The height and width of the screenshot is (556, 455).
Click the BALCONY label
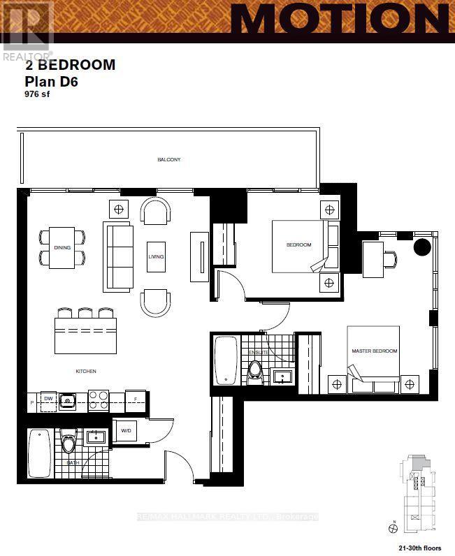pos(169,160)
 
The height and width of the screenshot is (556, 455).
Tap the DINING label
pos(62,248)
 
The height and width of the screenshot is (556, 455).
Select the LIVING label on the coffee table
pos(156,257)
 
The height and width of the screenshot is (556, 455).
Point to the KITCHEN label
pos(87,371)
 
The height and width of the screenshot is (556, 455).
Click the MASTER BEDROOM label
pos(375,351)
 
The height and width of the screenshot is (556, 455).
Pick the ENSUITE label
pos(258,353)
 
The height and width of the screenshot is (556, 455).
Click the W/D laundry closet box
pos(126,430)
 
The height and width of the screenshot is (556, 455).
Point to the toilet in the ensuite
pos(255,372)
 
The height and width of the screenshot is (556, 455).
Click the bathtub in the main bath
pos(38,453)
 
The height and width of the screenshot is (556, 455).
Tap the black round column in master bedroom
pos(423,247)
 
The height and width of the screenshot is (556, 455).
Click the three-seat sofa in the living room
pos(117,256)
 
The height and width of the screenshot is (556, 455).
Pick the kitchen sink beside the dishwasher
pos(68,400)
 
